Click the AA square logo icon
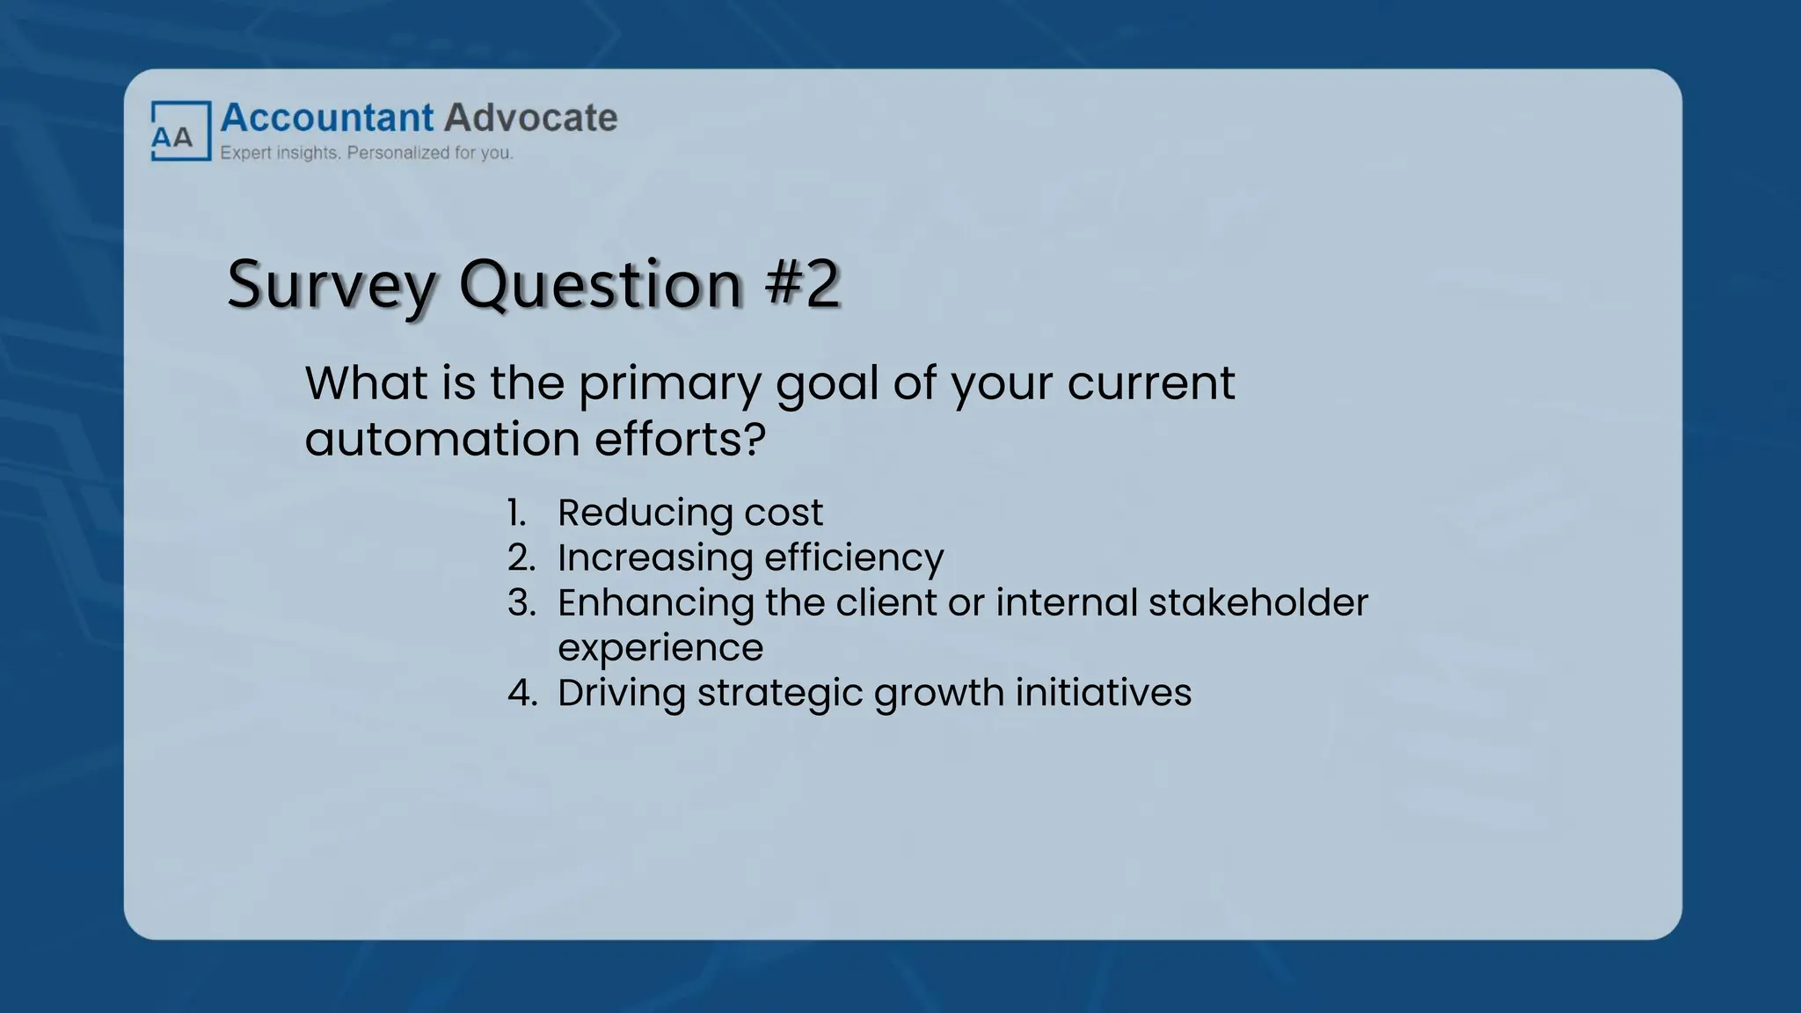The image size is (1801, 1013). (x=180, y=131)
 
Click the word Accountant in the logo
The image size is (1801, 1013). (x=326, y=118)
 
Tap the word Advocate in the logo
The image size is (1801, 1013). (x=530, y=118)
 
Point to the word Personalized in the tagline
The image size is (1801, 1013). (x=397, y=153)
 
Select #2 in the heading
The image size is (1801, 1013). (x=802, y=284)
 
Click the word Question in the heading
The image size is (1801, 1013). (x=601, y=286)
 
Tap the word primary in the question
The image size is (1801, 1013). (x=669, y=384)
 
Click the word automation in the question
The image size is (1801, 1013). (x=442, y=439)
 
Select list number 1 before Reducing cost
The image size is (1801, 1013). (x=517, y=513)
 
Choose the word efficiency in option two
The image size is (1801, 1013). (x=853, y=558)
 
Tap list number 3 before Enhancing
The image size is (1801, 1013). (x=521, y=603)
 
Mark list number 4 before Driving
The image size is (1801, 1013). (x=521, y=693)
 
